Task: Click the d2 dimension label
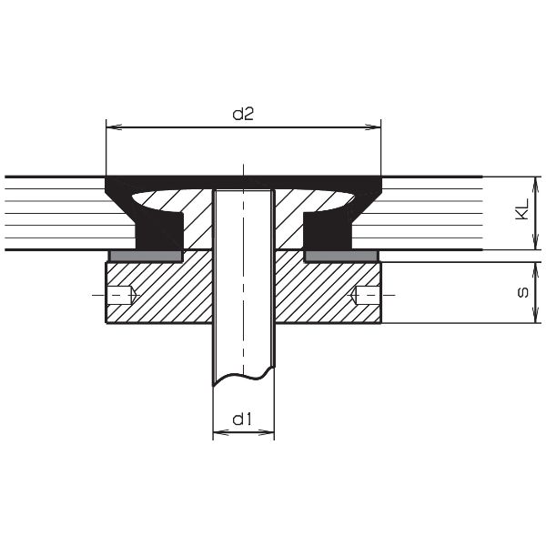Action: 243,114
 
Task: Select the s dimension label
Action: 521,293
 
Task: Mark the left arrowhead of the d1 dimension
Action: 217,434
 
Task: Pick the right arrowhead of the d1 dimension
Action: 268,434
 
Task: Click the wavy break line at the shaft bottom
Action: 243,373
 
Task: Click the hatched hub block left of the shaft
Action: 160,293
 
